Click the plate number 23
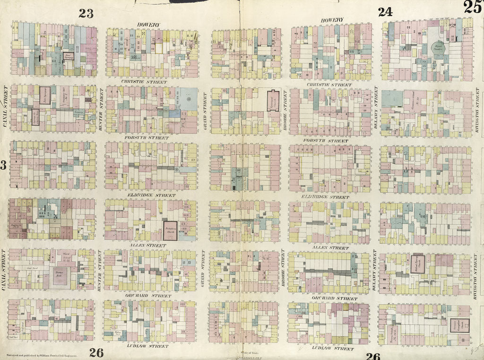point(86,13)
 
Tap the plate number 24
point(385,12)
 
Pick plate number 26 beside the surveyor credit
point(96,352)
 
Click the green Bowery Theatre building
point(440,48)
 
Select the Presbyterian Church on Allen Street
point(170,228)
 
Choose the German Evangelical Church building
point(458,325)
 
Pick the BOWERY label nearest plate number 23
point(148,25)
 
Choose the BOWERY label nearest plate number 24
point(332,20)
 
